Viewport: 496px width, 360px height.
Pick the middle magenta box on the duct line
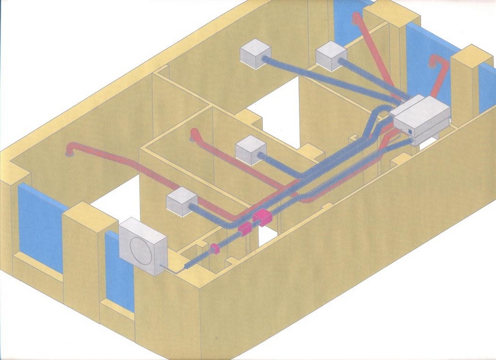pyautogui.click(x=244, y=229)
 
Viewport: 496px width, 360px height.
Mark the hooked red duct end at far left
pyautogui.click(x=69, y=150)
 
